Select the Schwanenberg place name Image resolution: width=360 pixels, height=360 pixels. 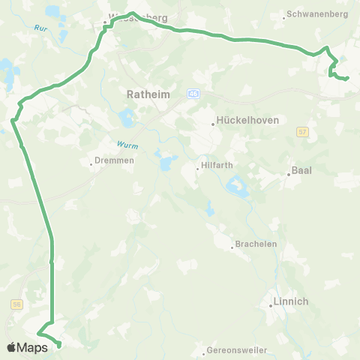coord(307,14)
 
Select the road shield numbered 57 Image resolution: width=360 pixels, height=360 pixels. coord(302,131)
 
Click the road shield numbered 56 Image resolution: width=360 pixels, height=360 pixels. coord(16,304)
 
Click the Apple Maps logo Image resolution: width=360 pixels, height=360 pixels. coord(28,347)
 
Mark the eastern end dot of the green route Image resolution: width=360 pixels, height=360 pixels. coord(346,79)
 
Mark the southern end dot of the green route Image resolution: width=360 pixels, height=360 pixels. coord(58,346)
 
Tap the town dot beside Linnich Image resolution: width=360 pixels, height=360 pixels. coord(272,305)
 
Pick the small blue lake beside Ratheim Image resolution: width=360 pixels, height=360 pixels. coord(125,118)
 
